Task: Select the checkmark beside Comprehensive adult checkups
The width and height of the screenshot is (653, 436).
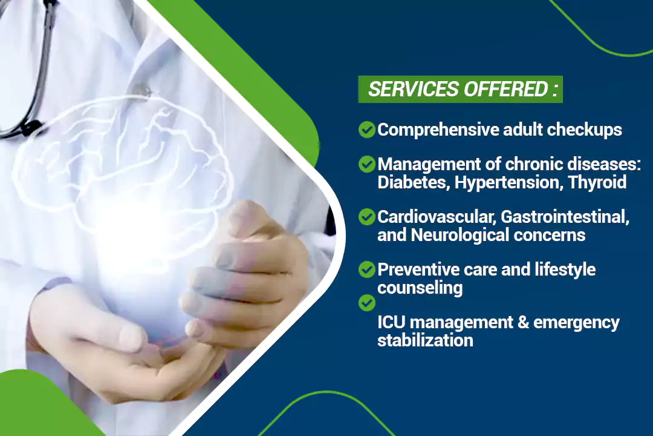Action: pos(367,130)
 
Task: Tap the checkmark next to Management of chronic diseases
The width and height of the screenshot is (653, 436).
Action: pos(367,164)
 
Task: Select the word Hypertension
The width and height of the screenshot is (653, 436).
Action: pos(508,183)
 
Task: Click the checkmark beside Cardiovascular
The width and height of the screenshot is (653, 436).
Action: pos(367,217)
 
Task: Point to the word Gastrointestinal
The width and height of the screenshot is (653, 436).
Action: pos(565,217)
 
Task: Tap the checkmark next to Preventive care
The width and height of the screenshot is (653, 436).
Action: pos(367,269)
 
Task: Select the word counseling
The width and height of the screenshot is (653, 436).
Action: pos(420,288)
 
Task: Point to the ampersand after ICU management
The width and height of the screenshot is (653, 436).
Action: pos(523,323)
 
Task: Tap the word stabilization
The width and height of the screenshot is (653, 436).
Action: pos(425,340)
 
